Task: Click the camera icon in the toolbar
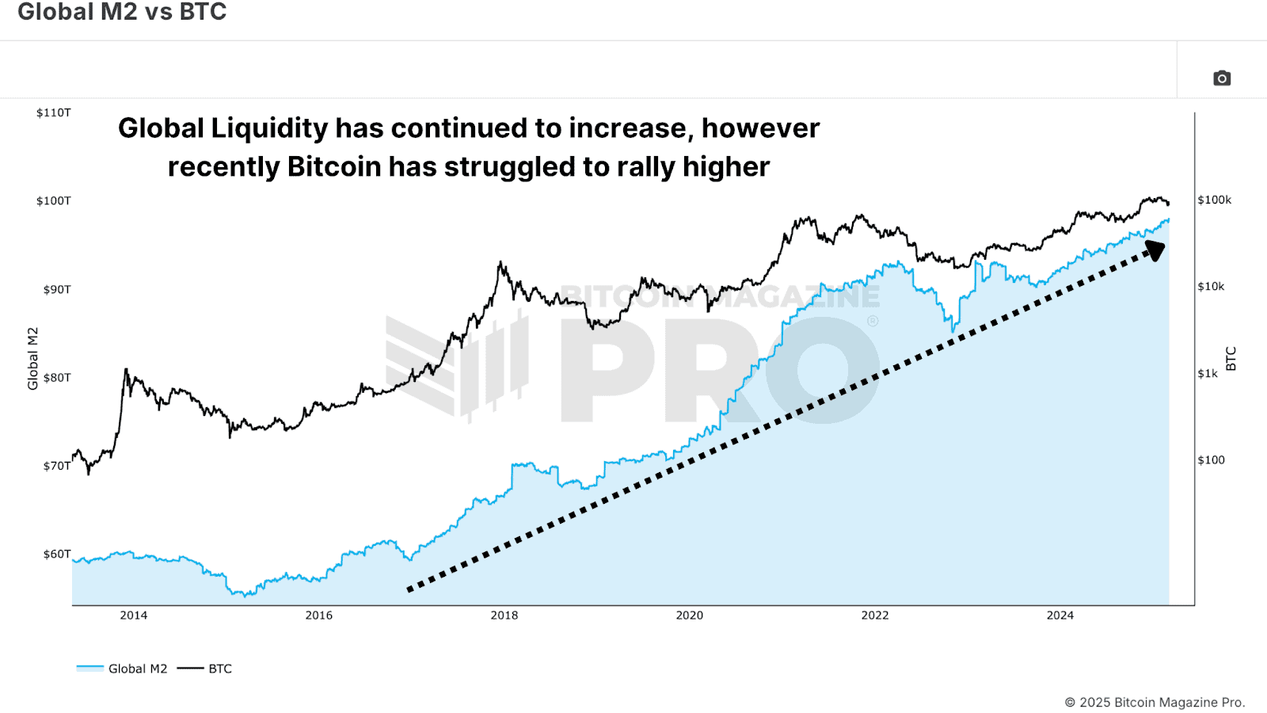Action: click(x=1222, y=78)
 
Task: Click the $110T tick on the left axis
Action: click(x=53, y=112)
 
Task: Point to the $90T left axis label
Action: click(x=56, y=289)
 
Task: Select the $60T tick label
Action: click(x=56, y=554)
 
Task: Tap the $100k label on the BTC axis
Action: click(x=1214, y=200)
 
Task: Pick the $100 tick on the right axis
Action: click(x=1211, y=459)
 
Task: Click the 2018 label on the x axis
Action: click(x=504, y=615)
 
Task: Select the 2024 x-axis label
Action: click(x=1060, y=615)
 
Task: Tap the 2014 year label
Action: click(x=133, y=615)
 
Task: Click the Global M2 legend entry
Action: click(x=123, y=669)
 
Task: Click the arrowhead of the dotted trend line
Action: click(x=1155, y=250)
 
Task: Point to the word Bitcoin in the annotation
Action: click(x=333, y=167)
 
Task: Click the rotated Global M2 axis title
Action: click(x=32, y=358)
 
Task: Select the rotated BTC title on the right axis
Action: click(x=1231, y=358)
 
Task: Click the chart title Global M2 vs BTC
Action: click(x=122, y=12)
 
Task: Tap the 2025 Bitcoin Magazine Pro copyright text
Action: click(x=1154, y=702)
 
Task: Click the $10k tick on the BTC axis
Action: click(x=1210, y=286)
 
